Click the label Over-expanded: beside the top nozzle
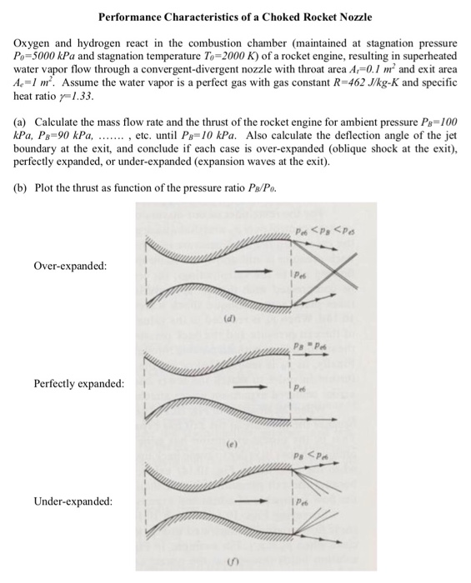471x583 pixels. point(70,266)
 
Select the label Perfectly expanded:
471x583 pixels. point(79,384)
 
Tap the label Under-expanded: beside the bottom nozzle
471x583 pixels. point(73,501)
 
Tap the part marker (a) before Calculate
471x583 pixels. point(21,122)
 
